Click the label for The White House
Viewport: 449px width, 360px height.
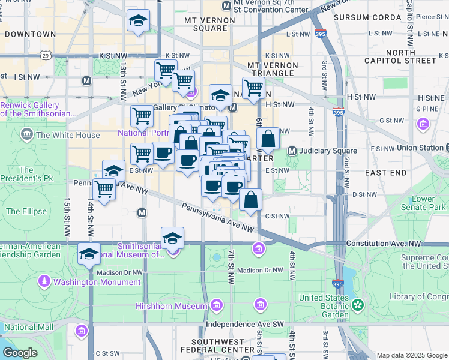pyautogui.click(x=68, y=135)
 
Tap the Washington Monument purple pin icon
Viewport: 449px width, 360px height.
pyautogui.click(x=44, y=281)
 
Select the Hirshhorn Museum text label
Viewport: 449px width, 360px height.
pyautogui.click(x=179, y=307)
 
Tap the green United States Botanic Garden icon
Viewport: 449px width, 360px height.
pyautogui.click(x=358, y=305)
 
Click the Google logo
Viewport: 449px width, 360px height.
pyautogui.click(x=20, y=353)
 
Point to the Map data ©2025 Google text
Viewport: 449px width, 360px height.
pyautogui.click(x=412, y=355)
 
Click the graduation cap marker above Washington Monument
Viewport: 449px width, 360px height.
pyautogui.click(x=89, y=253)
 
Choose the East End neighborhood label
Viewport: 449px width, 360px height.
pyautogui.click(x=384, y=172)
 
